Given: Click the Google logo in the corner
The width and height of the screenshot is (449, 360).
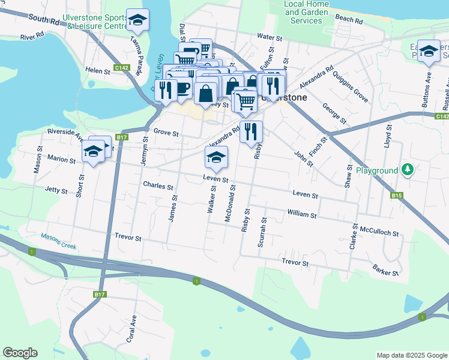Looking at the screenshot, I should (x=20, y=353).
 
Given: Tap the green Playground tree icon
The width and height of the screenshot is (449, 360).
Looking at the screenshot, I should (x=408, y=170).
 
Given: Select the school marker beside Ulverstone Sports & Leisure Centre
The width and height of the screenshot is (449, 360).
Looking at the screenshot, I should (x=138, y=22).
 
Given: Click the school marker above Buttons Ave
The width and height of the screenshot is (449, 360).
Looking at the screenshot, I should (x=429, y=52).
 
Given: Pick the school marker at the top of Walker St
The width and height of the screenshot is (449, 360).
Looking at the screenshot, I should (x=216, y=158).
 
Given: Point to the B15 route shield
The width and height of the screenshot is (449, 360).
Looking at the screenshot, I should (x=396, y=196).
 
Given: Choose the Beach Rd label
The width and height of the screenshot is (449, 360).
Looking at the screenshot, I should (x=349, y=20).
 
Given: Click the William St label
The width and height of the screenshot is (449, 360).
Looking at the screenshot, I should (x=301, y=214).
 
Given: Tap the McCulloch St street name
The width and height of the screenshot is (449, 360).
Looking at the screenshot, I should (x=379, y=230).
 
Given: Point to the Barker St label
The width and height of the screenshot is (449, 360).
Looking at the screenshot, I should (x=385, y=269).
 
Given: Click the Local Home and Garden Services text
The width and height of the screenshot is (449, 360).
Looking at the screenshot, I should (x=306, y=12).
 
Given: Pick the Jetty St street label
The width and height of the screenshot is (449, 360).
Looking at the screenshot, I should (x=56, y=190).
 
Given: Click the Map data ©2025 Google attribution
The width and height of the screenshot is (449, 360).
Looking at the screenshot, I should (x=412, y=355).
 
